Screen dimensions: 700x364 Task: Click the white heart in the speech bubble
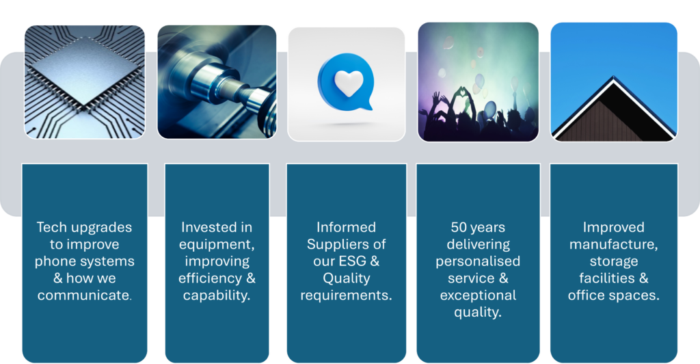click(349, 83)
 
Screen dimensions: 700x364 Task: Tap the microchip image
click(84, 81)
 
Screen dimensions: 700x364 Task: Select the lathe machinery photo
click(217, 81)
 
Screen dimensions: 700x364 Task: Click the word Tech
click(49, 227)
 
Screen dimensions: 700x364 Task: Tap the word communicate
click(84, 295)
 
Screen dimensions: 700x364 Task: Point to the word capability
click(217, 296)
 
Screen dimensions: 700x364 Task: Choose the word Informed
click(346, 227)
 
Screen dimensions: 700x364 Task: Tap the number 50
click(459, 227)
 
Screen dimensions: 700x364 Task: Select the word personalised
click(478, 262)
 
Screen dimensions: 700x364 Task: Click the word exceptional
click(478, 296)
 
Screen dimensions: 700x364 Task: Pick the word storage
click(614, 262)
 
